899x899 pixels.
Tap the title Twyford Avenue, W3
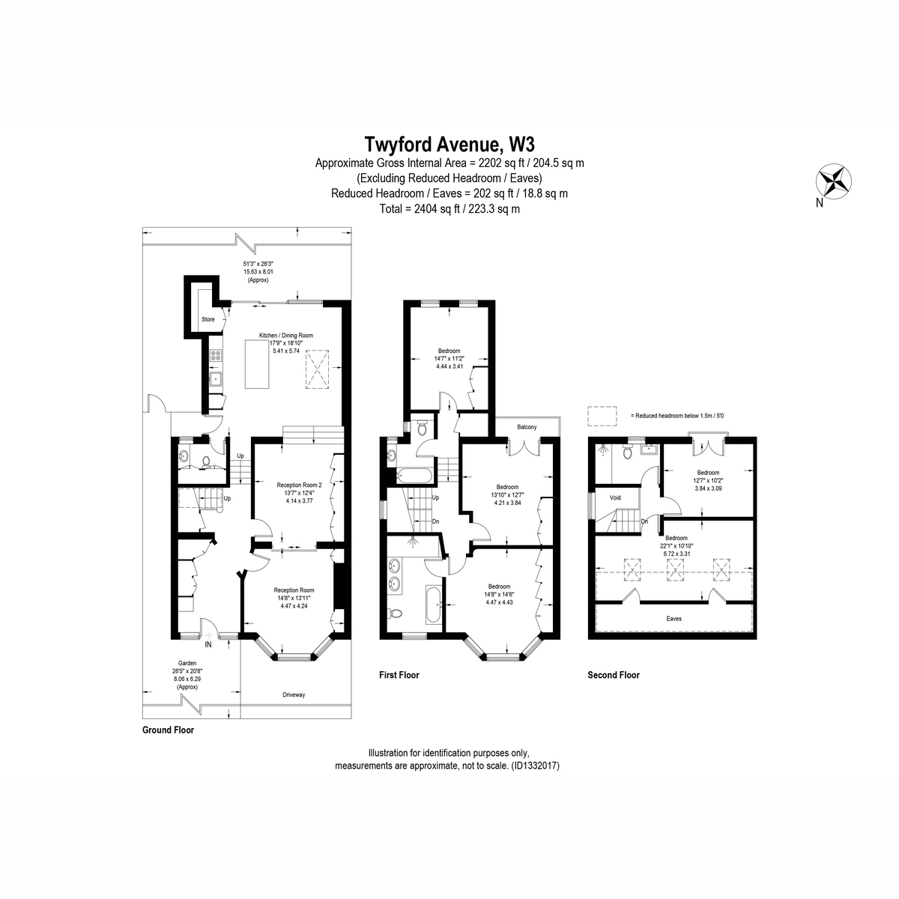[449, 144]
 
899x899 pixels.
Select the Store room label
[208, 320]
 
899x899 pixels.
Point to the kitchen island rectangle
[257, 364]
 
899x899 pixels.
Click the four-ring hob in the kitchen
[216, 356]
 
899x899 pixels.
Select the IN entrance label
[208, 645]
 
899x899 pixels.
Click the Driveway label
[294, 694]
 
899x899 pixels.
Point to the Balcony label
[527, 427]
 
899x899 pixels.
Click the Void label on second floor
[615, 497]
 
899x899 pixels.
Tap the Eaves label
[674, 619]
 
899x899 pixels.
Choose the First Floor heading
[399, 675]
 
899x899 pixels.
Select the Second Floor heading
[614, 675]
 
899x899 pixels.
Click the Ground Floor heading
[168, 730]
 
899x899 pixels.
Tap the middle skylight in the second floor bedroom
[674, 569]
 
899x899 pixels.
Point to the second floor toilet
[628, 452]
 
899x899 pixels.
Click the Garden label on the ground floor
[187, 663]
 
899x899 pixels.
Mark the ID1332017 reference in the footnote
[535, 766]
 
